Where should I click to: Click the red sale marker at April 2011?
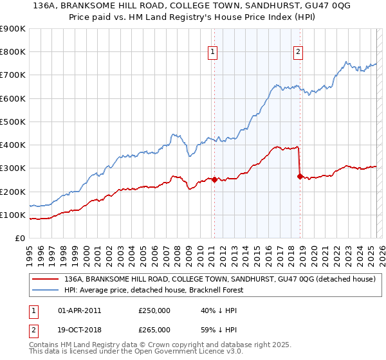[x=214, y=179]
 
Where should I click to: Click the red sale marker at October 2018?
[x=300, y=176]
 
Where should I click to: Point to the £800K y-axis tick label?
[x=13, y=52]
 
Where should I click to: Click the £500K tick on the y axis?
[x=13, y=122]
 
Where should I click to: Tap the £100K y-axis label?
[x=13, y=215]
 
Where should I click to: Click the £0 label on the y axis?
[x=20, y=238]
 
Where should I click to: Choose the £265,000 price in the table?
[x=154, y=330]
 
